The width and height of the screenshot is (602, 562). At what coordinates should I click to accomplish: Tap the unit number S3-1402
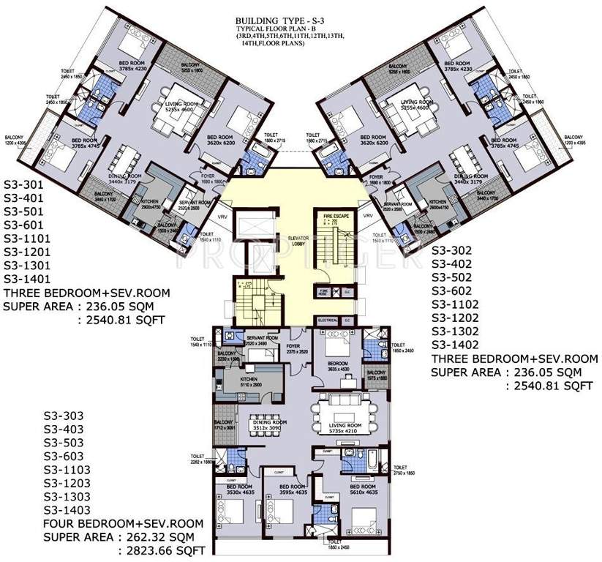[455, 345]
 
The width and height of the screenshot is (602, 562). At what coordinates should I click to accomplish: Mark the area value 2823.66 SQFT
[163, 550]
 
